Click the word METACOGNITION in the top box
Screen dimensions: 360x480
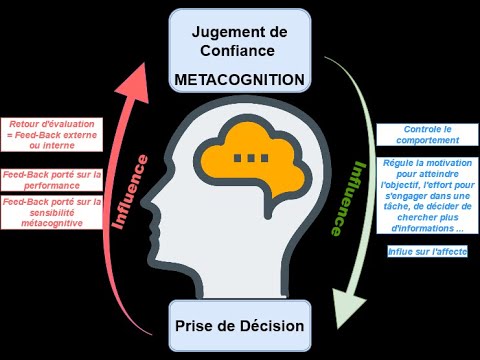click(239, 77)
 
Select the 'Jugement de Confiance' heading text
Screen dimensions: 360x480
click(239, 41)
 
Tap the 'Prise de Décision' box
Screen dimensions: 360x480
click(239, 326)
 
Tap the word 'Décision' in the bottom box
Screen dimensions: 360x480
click(267, 326)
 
